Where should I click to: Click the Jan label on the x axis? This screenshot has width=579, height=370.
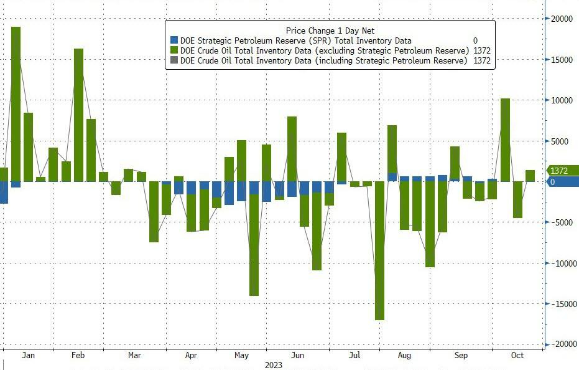point(27,355)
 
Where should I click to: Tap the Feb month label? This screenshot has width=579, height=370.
point(78,355)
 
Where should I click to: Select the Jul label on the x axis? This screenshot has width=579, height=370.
point(354,355)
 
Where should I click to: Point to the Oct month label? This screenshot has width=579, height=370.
point(517,355)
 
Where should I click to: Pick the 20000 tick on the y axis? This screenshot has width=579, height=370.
point(561,19)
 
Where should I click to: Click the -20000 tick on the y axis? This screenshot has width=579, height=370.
point(560,344)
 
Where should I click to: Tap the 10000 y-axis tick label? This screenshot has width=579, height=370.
point(561,100)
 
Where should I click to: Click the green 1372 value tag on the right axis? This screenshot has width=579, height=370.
point(558,171)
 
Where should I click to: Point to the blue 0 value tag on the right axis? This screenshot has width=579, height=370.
point(552,182)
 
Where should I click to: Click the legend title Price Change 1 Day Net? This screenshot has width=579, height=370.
point(330,31)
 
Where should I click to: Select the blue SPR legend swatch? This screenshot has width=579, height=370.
point(174,40)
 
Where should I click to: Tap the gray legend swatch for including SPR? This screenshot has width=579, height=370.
point(174,60)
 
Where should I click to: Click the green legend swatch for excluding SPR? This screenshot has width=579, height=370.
point(174,50)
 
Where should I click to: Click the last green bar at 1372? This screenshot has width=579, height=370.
point(530,176)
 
